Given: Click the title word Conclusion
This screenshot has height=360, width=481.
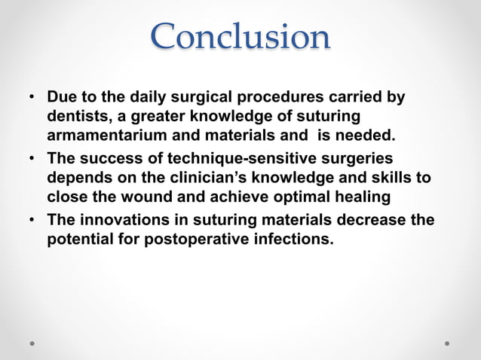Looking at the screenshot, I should [x=240, y=37].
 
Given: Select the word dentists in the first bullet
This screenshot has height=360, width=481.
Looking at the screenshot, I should [x=77, y=117].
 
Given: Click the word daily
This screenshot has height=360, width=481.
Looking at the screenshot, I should [x=145, y=98].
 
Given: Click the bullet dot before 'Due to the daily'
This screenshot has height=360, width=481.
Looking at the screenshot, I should [x=32, y=99].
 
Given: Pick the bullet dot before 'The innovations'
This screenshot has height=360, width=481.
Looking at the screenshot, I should [x=32, y=221].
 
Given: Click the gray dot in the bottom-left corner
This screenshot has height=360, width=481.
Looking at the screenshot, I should [x=32, y=343].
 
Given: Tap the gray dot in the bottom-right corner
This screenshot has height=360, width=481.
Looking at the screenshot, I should [x=447, y=343].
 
